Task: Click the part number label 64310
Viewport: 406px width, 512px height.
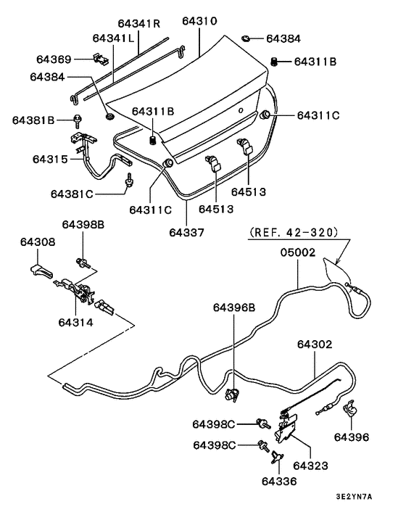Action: (199, 22)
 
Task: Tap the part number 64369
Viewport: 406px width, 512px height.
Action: (54, 59)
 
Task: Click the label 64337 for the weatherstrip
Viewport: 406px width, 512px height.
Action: (187, 233)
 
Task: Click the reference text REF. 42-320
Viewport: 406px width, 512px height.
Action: (293, 233)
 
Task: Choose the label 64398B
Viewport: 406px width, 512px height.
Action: (83, 225)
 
